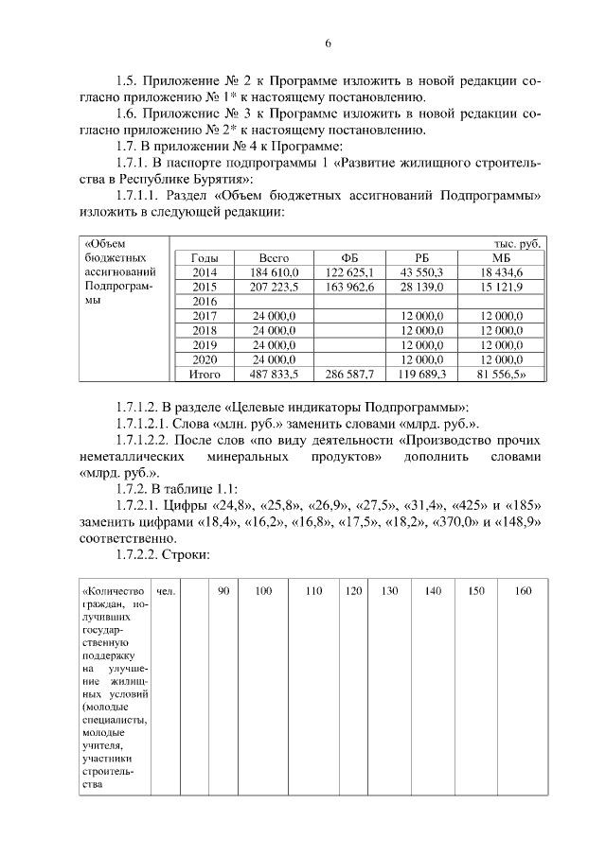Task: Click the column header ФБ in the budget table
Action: [x=350, y=257]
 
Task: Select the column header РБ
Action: [x=422, y=257]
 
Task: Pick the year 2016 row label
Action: [x=205, y=301]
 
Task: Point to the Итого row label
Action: [x=205, y=374]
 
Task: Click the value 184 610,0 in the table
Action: [x=275, y=272]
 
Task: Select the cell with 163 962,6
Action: [x=350, y=287]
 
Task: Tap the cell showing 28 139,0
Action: [x=422, y=287]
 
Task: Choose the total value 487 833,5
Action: [x=275, y=374]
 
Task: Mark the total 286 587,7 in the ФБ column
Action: [x=350, y=374]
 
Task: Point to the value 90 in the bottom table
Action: [x=223, y=590]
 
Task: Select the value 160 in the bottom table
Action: [x=522, y=590]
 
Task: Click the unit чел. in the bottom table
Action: [x=166, y=590]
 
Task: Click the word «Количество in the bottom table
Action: [x=114, y=590]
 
